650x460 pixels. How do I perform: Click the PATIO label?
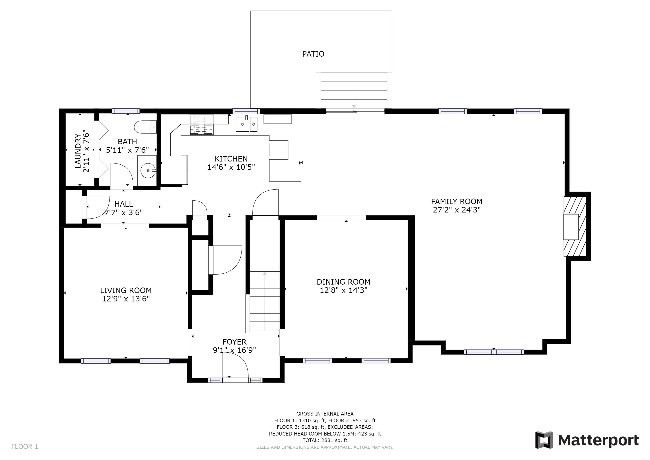click(313, 54)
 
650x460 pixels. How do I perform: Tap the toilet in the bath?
click(145, 127)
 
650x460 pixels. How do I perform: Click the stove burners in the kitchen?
click(201, 125)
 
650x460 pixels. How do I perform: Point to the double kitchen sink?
click(247, 124)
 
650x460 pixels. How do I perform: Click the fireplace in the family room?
click(575, 226)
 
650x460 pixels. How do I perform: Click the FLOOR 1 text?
click(25, 447)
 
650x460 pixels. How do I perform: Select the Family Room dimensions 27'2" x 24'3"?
click(457, 210)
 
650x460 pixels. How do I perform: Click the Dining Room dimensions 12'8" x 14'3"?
click(343, 290)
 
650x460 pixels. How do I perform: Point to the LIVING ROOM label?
click(126, 290)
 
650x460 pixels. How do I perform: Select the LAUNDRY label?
click(78, 151)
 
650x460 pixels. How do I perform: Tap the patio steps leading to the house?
click(354, 91)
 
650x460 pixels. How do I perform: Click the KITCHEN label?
click(231, 159)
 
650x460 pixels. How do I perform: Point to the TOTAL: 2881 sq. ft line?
click(325, 440)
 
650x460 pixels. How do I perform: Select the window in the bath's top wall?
click(126, 111)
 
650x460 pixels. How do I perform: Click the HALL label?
click(124, 204)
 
